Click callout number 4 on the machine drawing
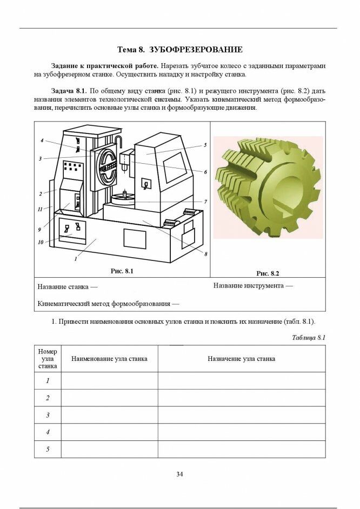(42, 140)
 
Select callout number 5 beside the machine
(205, 145)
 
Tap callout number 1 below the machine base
(75, 259)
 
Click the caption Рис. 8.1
(122, 270)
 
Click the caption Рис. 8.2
(267, 273)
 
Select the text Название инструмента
(253, 285)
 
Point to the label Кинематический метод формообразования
(108, 304)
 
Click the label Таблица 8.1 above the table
(308, 338)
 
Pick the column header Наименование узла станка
(109, 358)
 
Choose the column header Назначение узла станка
(241, 358)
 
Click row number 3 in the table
(48, 415)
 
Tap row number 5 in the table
(48, 449)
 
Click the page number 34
(179, 474)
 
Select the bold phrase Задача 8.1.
(69, 90)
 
